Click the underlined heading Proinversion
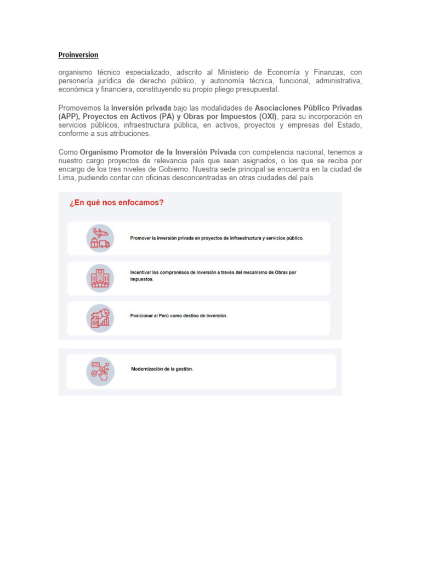pyautogui.click(x=78, y=55)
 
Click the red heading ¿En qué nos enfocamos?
pyautogui.click(x=116, y=203)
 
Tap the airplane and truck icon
pyautogui.click(x=100, y=238)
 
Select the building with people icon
pyautogui.click(x=100, y=278)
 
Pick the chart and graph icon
pyautogui.click(x=100, y=318)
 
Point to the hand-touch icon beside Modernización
pyautogui.click(x=100, y=371)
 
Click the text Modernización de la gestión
pyautogui.click(x=162, y=369)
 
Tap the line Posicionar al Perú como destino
pyautogui.click(x=178, y=316)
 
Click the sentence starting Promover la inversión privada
pyautogui.click(x=217, y=238)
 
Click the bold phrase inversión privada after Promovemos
pyautogui.click(x=141, y=108)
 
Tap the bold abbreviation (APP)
pyautogui.click(x=69, y=117)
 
